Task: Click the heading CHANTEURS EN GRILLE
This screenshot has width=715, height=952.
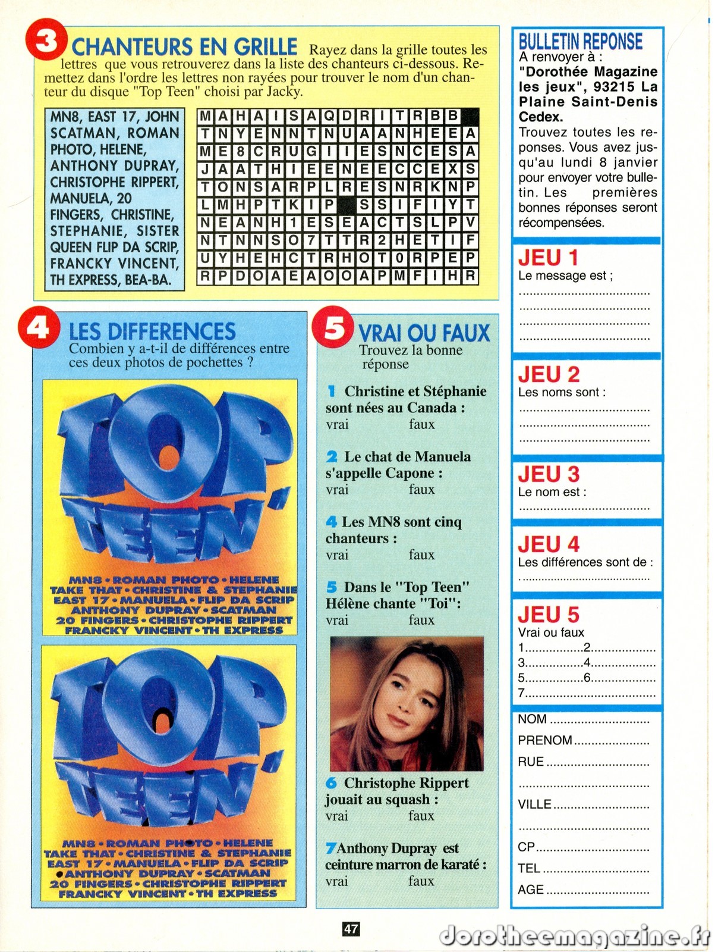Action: [x=184, y=46]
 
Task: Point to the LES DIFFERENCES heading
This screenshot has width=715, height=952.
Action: [x=152, y=331]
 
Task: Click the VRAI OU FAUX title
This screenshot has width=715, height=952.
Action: [x=424, y=333]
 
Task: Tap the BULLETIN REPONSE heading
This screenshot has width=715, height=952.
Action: [x=581, y=42]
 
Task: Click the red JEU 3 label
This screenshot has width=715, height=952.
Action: [x=549, y=474]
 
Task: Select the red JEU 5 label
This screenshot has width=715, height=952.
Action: [x=549, y=615]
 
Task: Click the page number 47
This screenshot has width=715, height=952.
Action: [x=351, y=928]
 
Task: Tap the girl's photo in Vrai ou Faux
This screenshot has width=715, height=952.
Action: [x=407, y=703]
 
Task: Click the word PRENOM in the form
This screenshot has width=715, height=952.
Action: [x=544, y=740]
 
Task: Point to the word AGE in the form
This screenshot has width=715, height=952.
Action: [x=531, y=890]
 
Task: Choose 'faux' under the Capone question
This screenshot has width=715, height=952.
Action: [x=421, y=490]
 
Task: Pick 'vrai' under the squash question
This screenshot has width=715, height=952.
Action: [x=336, y=816]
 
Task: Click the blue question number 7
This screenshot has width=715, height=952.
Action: [x=330, y=848]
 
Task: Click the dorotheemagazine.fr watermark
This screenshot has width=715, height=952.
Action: [x=574, y=936]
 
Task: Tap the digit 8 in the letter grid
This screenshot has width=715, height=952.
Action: [x=240, y=152]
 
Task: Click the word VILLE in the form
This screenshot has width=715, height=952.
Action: [x=535, y=804]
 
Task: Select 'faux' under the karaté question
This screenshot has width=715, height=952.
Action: [x=421, y=881]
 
